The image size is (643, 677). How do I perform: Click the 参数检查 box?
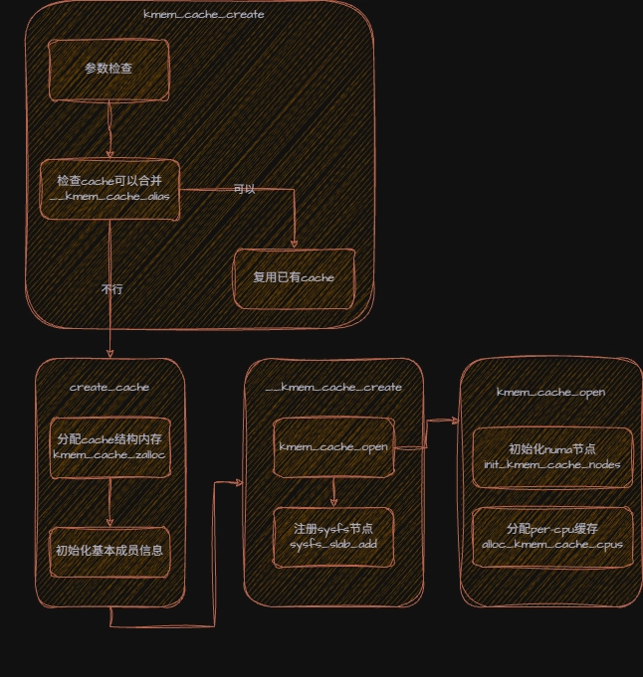(x=108, y=70)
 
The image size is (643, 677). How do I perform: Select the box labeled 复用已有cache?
(x=294, y=276)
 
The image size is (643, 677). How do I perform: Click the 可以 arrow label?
(x=244, y=189)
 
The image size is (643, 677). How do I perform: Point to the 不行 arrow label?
(x=112, y=289)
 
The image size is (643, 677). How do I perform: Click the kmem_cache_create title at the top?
(x=203, y=15)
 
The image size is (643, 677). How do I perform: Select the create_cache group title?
(x=109, y=387)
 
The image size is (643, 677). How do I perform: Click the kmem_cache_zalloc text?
(x=109, y=454)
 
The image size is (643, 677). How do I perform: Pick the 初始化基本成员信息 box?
(x=109, y=550)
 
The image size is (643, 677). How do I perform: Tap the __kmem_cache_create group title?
(x=333, y=387)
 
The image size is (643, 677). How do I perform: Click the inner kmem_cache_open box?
(x=333, y=446)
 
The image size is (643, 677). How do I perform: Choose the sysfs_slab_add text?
(x=333, y=546)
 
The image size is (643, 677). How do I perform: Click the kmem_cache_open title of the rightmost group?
(x=550, y=392)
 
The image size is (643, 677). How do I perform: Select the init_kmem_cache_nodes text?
(x=550, y=464)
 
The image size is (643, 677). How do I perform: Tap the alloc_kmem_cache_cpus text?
(x=550, y=546)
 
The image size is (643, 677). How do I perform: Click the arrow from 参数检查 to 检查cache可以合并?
(x=109, y=129)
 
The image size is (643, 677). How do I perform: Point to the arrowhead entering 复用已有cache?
(x=294, y=243)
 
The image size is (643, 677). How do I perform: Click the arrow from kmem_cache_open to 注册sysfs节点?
(x=333, y=490)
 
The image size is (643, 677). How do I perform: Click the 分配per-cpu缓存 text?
(x=550, y=528)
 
